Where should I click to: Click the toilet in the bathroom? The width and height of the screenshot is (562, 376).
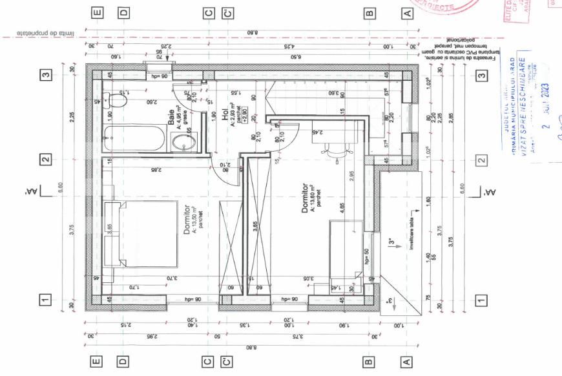coord(116,101)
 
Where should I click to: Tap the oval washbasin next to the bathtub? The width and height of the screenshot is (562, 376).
coord(180,143)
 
